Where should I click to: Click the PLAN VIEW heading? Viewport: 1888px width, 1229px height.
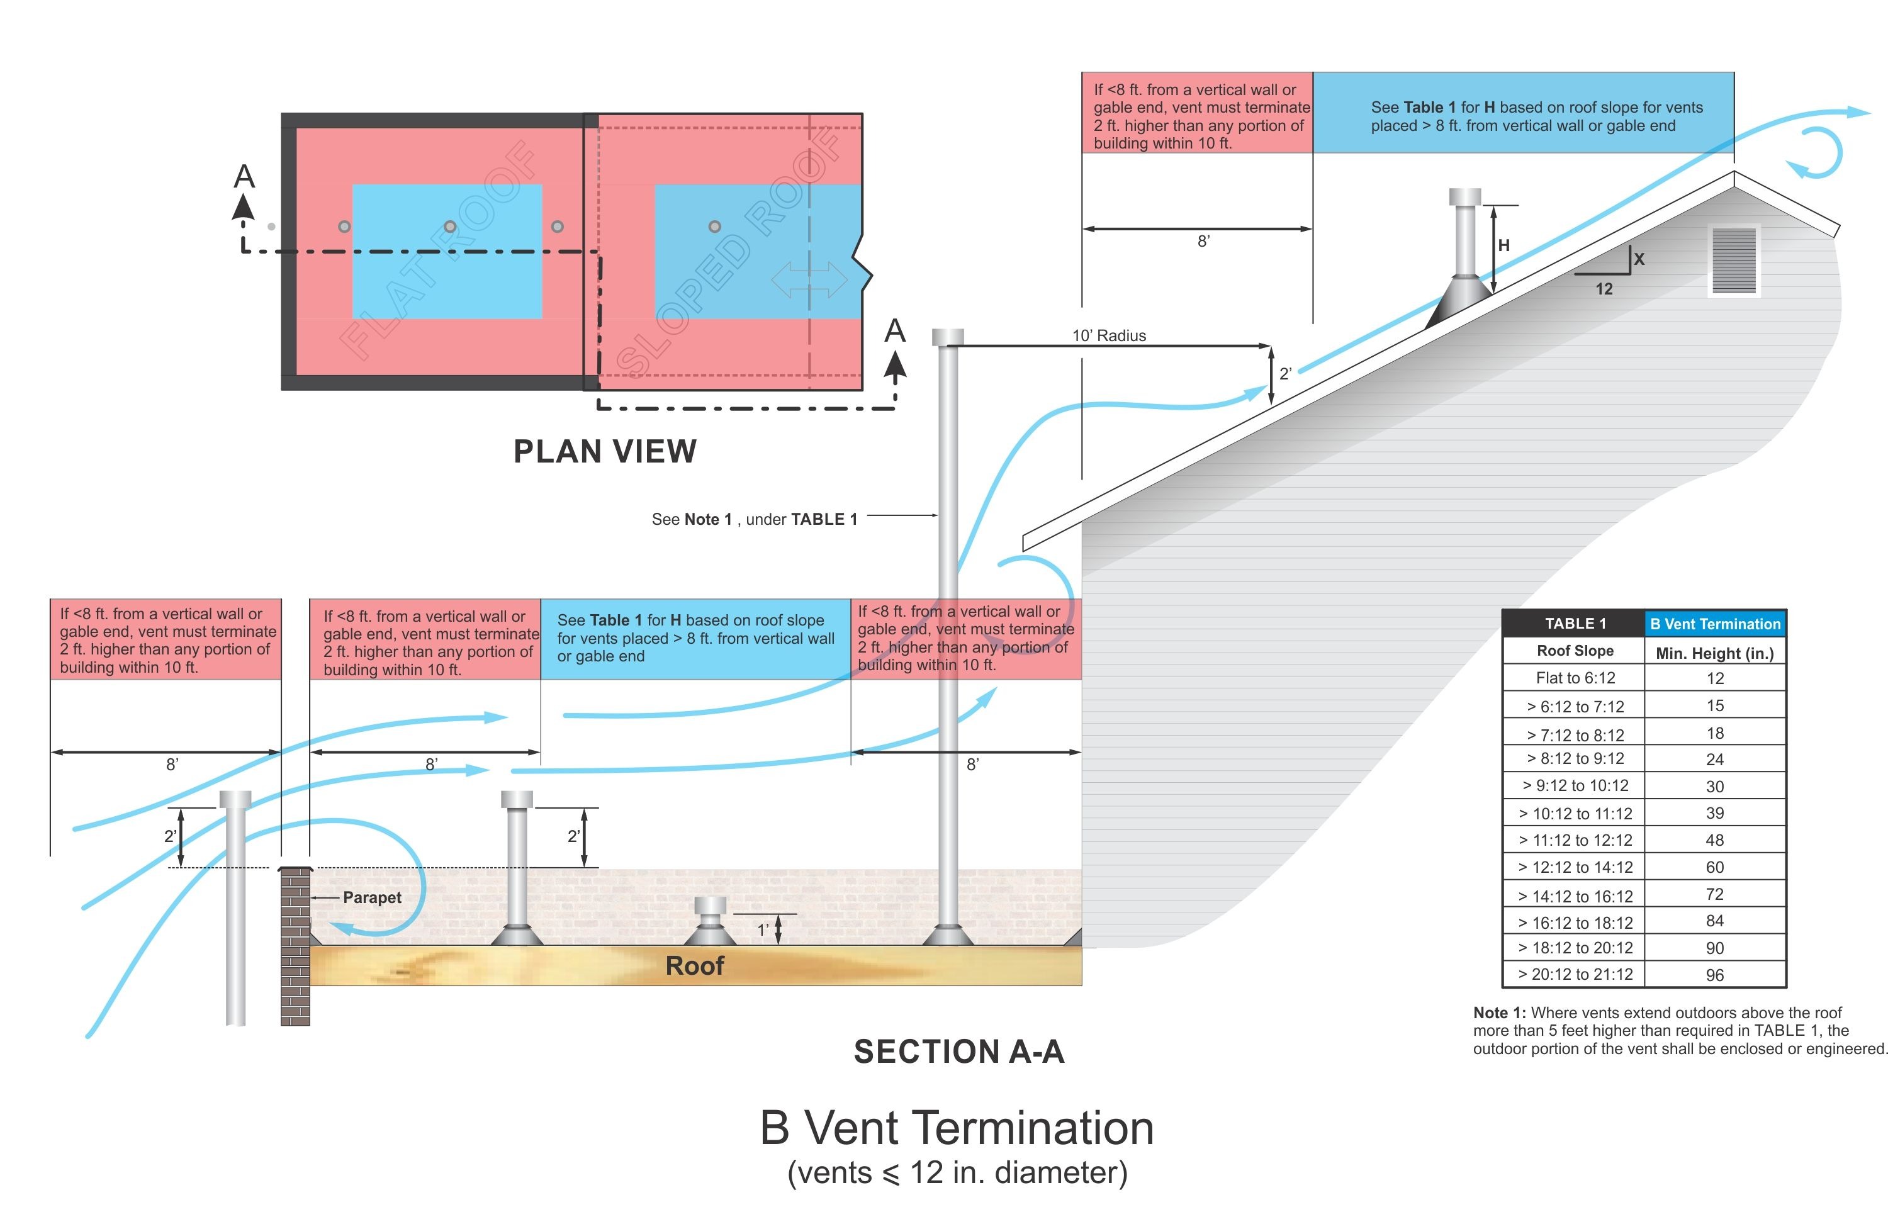pos(605,451)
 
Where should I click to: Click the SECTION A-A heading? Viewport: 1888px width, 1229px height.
pos(958,1052)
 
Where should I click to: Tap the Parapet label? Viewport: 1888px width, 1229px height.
pos(371,897)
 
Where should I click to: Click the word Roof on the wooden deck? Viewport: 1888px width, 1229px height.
pos(694,965)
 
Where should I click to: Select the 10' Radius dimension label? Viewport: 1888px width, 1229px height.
pos(1108,335)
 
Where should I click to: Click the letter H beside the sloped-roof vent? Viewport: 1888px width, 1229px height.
pos(1503,245)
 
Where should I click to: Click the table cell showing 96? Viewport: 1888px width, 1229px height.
pos(1714,975)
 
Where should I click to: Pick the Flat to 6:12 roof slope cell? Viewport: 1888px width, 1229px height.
pos(1575,678)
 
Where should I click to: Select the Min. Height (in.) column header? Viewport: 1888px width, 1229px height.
pos(1714,653)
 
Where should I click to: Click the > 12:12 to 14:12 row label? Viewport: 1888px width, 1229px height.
pos(1575,867)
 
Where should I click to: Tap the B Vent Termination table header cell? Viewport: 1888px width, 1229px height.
pos(1715,624)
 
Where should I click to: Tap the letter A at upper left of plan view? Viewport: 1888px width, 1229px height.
pos(244,176)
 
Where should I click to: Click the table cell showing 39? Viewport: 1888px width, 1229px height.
pos(1714,813)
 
